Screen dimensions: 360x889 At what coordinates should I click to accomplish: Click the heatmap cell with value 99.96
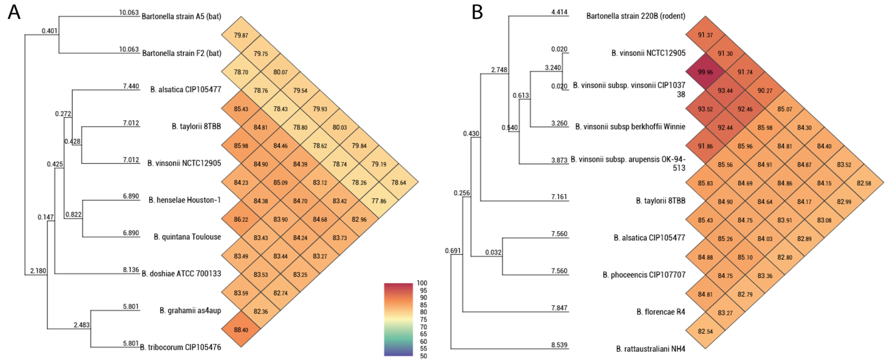705,72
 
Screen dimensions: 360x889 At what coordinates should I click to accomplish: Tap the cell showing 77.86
379,201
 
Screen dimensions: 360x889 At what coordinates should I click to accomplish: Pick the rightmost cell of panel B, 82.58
864,183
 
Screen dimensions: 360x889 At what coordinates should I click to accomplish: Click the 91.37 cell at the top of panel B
705,35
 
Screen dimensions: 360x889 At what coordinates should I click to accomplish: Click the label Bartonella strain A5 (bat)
181,16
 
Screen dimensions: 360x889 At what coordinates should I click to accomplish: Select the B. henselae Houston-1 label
185,200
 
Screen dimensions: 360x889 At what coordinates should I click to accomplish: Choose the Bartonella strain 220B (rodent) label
636,16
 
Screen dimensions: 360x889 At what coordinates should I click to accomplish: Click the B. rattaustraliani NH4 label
651,349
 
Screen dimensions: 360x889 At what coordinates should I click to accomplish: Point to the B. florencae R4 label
661,312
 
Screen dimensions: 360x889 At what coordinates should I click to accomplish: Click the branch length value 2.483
81,325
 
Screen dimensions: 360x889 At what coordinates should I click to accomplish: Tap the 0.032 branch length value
493,252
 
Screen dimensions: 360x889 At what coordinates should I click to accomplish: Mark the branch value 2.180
38,271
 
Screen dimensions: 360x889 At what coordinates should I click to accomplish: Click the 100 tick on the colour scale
422,283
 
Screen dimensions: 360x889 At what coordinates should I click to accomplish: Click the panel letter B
477,13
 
